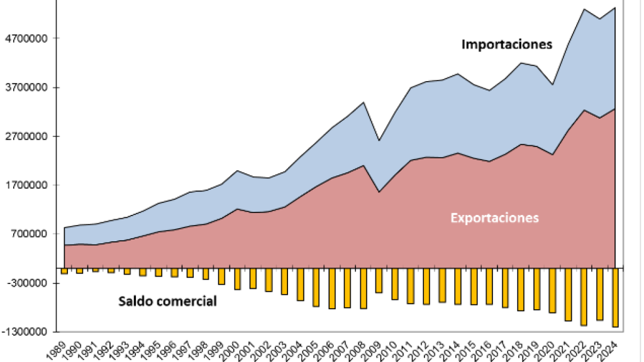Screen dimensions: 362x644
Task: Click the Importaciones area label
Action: point(507,45)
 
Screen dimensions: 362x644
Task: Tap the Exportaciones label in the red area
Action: point(495,218)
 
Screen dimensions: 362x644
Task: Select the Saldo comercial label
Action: point(168,301)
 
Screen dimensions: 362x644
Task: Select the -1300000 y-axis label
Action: point(25,332)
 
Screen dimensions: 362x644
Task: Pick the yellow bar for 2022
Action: point(583,297)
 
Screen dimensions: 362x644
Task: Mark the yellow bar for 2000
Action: point(237,278)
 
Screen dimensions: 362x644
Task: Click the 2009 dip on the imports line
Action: point(379,140)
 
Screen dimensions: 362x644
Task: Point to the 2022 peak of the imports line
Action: point(583,9)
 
